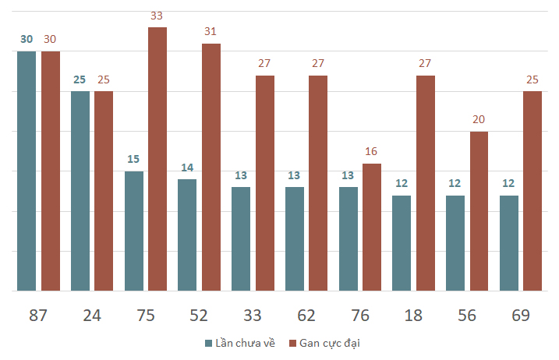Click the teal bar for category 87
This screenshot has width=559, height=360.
pyautogui.click(x=27, y=171)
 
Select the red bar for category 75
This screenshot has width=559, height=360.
pyautogui.click(x=157, y=159)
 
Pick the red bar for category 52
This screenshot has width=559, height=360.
pyautogui.click(x=211, y=168)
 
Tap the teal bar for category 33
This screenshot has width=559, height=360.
pyautogui.click(x=241, y=238)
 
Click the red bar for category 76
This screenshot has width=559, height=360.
pyautogui.click(x=372, y=227)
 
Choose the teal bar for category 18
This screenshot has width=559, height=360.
pyautogui.click(x=402, y=243)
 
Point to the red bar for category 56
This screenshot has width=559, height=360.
pyautogui.click(x=479, y=211)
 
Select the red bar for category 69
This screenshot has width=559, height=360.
pyautogui.click(x=532, y=191)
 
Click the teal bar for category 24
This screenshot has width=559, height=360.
pyautogui.click(x=80, y=191)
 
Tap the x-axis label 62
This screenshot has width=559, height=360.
pyautogui.click(x=306, y=316)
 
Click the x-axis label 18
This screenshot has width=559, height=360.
pyautogui.click(x=413, y=316)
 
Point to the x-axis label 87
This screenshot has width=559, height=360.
pyautogui.click(x=37, y=316)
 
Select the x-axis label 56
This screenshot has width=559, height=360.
pyautogui.click(x=467, y=316)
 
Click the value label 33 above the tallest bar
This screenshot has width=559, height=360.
pyautogui.click(x=157, y=16)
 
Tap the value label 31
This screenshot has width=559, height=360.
pyautogui.click(x=211, y=31)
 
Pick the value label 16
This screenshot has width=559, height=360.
pyautogui.click(x=371, y=151)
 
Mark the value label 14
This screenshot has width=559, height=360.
pyautogui.click(x=187, y=168)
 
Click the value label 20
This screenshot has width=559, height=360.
pyautogui.click(x=479, y=119)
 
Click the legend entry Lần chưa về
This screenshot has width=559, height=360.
pyautogui.click(x=240, y=344)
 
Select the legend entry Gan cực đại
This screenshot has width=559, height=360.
pyautogui.click(x=324, y=344)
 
